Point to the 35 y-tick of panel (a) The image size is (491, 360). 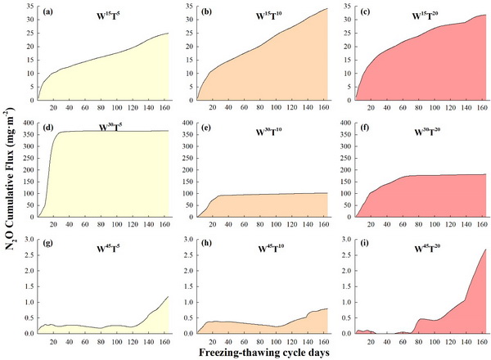tap(29, 7)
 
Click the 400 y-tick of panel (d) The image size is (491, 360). tap(26, 124)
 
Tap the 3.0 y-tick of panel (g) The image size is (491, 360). tap(27, 241)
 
